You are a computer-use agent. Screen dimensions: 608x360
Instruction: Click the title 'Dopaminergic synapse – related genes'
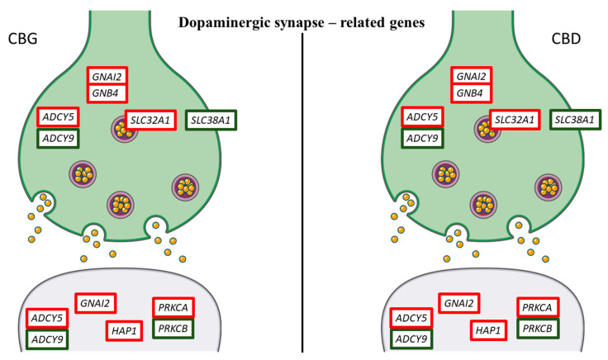pos(302,22)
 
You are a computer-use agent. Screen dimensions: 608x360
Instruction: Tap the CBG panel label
pos(22,39)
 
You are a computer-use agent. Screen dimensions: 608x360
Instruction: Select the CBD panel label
pos(566,39)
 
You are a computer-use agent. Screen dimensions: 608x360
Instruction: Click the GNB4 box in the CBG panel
pos(107,93)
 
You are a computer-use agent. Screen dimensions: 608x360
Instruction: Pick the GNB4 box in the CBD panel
pos(472,93)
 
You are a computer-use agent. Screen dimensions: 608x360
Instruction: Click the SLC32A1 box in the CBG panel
pos(150,120)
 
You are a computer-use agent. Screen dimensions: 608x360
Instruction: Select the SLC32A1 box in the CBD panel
pos(515,120)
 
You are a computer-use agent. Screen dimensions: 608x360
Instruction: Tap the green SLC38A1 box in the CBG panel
pos(211,120)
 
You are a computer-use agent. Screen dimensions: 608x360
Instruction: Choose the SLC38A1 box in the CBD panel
pos(575,120)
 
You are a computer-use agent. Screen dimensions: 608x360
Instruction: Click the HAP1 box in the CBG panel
pos(124,331)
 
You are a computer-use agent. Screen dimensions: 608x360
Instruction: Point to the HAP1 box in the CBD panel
pos(488,330)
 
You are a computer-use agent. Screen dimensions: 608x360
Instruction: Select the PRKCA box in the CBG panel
pos(173,308)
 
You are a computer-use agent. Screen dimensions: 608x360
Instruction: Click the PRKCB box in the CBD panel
pos(538,329)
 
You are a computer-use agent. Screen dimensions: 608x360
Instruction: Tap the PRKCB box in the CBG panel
pos(173,329)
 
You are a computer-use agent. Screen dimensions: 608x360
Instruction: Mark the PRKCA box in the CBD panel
pos(538,308)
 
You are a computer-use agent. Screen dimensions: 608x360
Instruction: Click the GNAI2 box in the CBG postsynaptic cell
pos(95,303)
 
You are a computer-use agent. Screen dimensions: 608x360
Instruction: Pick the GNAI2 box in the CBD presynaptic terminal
pos(472,76)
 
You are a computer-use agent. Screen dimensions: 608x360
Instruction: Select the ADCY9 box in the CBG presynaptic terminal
pos(58,139)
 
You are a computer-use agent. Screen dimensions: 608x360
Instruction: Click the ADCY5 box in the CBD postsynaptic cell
pos(411,319)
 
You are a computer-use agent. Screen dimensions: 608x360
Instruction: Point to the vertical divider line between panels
pos(302,192)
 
